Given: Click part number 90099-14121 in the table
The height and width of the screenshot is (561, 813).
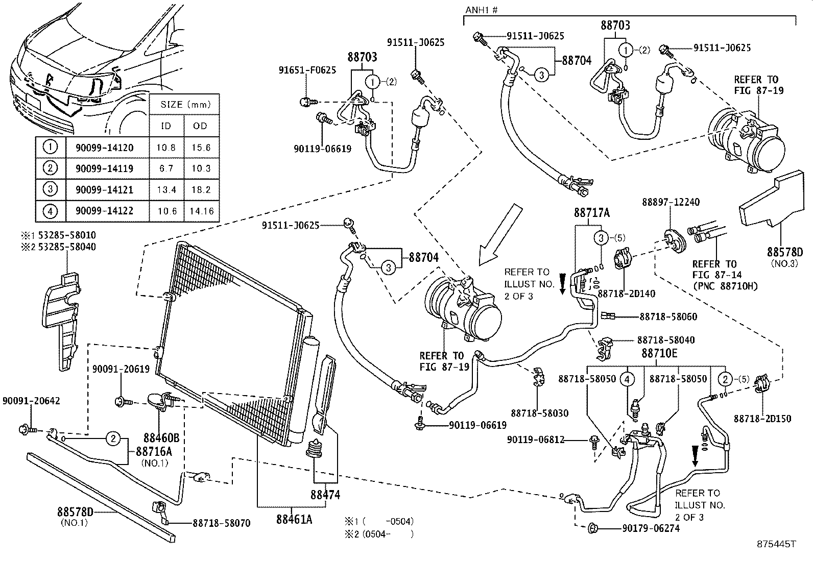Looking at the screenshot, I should [x=104, y=190].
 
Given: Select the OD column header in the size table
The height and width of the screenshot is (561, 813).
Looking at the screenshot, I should [x=201, y=126].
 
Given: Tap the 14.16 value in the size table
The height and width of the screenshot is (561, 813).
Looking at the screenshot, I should [x=201, y=211].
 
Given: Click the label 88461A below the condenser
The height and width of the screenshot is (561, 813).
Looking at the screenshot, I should [x=294, y=519].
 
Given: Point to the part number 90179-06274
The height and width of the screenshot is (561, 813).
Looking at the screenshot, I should [x=651, y=529].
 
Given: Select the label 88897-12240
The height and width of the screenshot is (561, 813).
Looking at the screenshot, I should [x=671, y=203].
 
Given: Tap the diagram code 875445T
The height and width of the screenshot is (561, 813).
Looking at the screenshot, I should [x=777, y=544].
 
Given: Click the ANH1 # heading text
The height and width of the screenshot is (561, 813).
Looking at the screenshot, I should [x=482, y=10].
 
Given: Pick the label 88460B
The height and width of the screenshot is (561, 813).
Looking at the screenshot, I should [x=161, y=437].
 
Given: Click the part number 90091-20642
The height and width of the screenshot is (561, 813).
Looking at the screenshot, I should [x=31, y=401].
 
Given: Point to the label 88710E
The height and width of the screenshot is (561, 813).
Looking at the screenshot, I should [x=659, y=353].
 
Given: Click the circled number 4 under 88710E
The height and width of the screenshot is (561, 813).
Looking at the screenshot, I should [x=628, y=379].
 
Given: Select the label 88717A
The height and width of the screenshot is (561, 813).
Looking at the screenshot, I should [x=591, y=213].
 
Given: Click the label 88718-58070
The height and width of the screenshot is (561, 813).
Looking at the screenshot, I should [x=221, y=523].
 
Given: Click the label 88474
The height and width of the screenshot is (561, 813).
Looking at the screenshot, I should [x=325, y=495].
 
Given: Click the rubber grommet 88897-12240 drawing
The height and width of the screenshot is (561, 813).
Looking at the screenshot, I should [x=674, y=241].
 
